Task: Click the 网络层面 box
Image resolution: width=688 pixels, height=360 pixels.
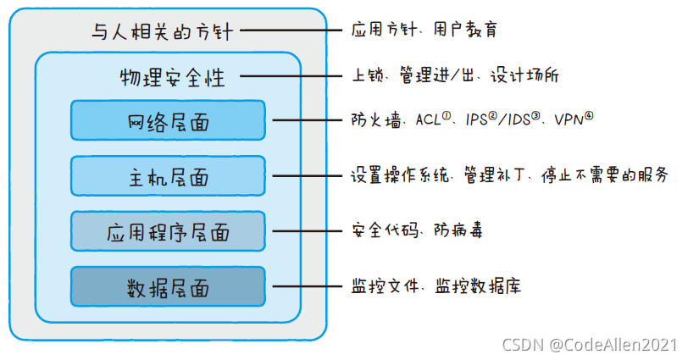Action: (x=168, y=120)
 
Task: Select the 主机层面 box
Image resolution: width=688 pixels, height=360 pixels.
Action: (x=168, y=176)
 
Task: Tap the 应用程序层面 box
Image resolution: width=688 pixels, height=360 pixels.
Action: (x=168, y=231)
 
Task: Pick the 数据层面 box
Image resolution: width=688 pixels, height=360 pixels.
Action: (x=168, y=287)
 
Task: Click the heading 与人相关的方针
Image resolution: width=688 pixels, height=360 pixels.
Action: (x=163, y=31)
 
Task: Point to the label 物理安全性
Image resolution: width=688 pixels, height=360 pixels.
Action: (x=173, y=78)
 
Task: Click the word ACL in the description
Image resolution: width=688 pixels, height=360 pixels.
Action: (x=428, y=119)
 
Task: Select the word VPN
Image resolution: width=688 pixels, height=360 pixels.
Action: (x=569, y=119)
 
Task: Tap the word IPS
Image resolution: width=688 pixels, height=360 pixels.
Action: (x=476, y=119)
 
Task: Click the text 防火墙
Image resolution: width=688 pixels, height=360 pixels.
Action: (x=376, y=119)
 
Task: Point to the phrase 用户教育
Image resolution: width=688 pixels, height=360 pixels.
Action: (x=465, y=30)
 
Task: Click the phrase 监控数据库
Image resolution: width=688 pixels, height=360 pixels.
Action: (x=478, y=286)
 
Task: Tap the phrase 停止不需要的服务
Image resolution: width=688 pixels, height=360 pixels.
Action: (x=605, y=175)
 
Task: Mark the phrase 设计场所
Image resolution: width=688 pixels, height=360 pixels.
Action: (x=524, y=75)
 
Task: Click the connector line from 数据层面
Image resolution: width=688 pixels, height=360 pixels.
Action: (x=307, y=287)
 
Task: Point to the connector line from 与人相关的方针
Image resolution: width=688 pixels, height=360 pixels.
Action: (x=291, y=30)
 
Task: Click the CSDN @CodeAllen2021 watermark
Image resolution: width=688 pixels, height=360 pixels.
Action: (x=590, y=345)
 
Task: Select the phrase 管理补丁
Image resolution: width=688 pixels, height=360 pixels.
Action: (x=495, y=175)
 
